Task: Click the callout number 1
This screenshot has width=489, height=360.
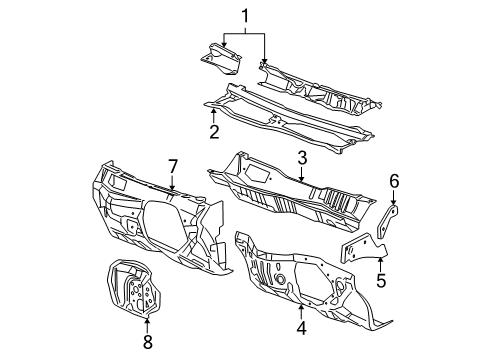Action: [x=242, y=15]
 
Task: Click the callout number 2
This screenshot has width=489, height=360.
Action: [x=214, y=131]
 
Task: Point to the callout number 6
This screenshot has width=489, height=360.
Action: [x=394, y=181]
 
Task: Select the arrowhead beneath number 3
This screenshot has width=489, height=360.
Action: [x=300, y=183]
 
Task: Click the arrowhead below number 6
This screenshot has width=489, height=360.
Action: [x=393, y=202]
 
